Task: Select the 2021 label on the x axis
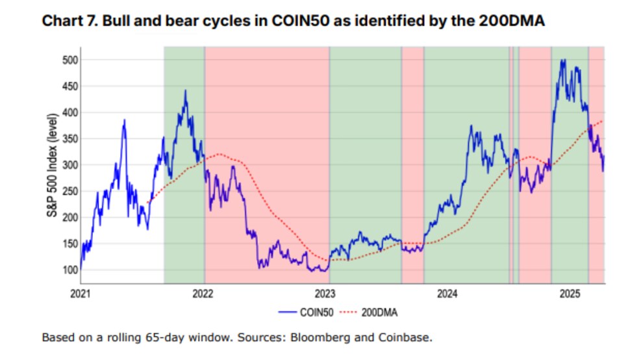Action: tap(81, 293)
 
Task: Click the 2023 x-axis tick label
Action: tap(325, 293)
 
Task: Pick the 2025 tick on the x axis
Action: tap(570, 293)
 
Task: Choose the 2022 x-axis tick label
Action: tap(203, 293)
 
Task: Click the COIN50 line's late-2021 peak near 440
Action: tap(186, 91)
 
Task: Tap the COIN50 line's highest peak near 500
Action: tap(562, 60)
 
